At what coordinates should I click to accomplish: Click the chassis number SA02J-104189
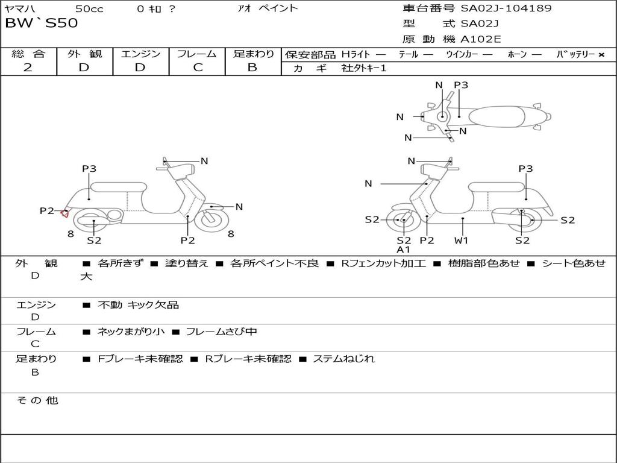click(506, 8)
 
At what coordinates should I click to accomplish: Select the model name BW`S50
click(41, 24)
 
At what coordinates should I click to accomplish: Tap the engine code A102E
click(480, 39)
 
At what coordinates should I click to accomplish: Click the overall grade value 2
click(28, 68)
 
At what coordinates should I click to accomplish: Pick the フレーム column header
click(198, 54)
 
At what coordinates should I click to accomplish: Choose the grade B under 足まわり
click(252, 68)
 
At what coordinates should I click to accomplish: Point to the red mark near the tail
click(65, 212)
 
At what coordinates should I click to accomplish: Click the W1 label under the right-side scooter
click(462, 240)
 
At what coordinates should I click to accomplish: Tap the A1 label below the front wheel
click(403, 249)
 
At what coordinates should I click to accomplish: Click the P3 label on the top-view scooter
click(461, 85)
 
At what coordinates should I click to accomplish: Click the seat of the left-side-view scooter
click(119, 187)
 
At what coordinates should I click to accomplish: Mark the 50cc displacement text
click(89, 8)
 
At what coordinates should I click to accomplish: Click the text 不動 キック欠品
click(138, 305)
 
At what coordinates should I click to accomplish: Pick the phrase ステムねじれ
click(343, 359)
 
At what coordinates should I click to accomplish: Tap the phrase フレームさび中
click(221, 332)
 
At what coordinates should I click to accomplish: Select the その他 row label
click(37, 400)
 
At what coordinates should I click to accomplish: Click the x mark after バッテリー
click(601, 54)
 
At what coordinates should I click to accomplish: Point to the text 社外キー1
click(365, 68)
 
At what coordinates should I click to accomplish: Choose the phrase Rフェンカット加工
click(383, 263)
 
